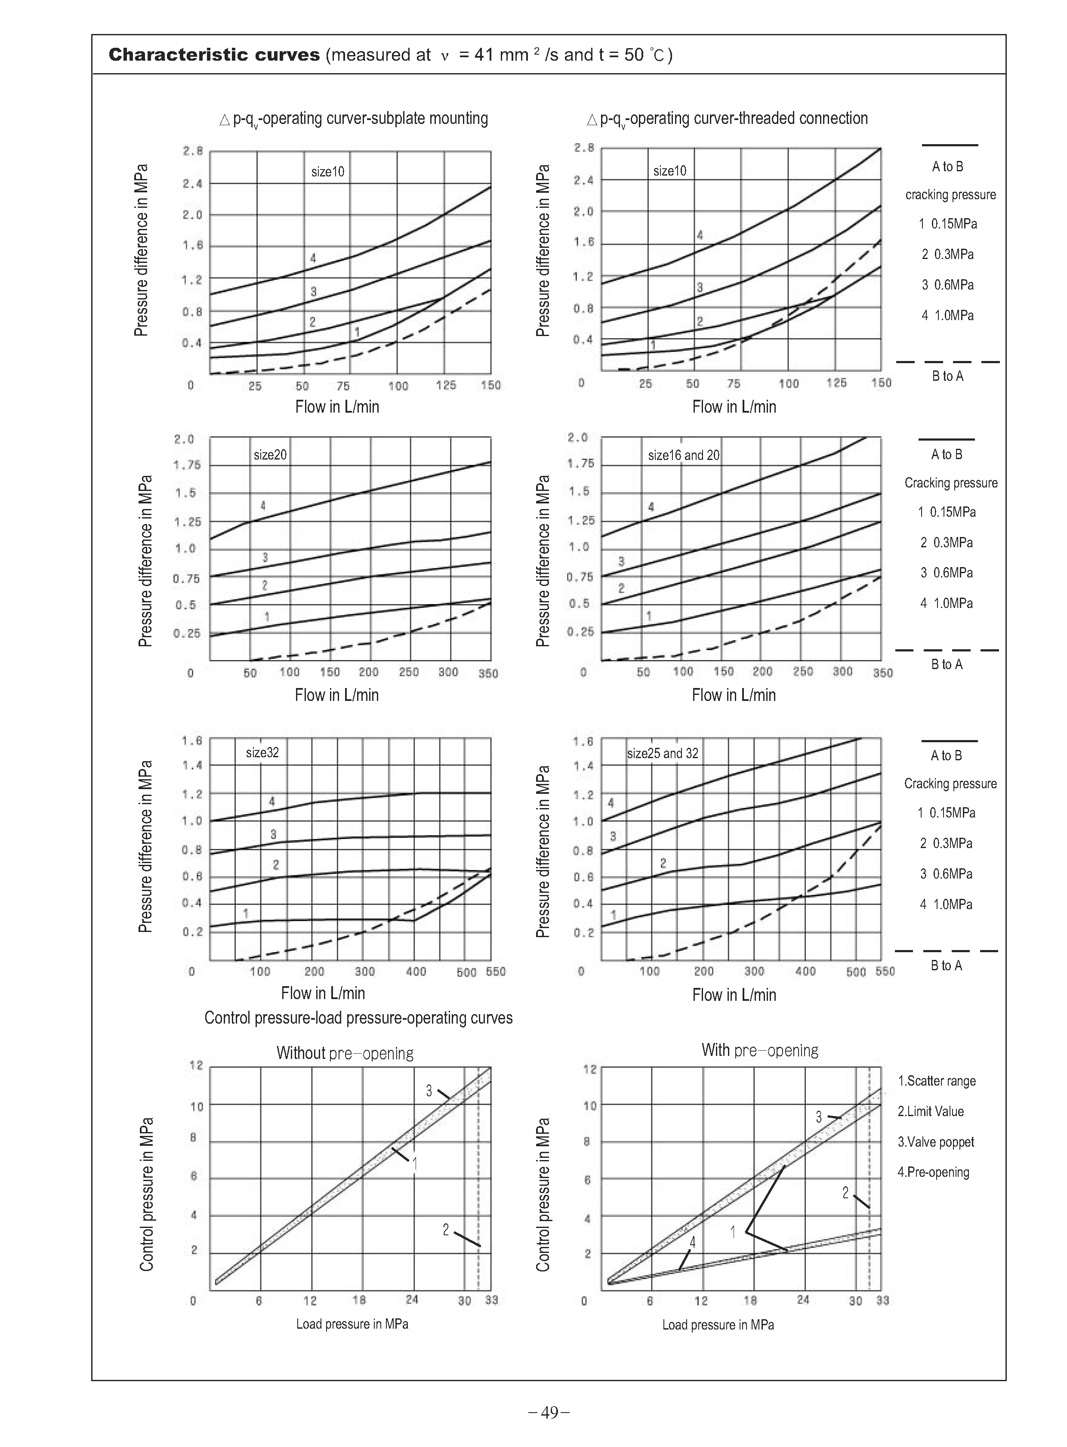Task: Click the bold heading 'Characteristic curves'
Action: [214, 55]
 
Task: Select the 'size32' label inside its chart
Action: [262, 753]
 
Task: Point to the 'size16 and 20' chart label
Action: [683, 455]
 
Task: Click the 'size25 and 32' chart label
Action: [662, 753]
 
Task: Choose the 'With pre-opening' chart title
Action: [759, 1050]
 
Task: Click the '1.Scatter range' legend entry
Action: [937, 1081]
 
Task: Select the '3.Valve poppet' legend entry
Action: [936, 1142]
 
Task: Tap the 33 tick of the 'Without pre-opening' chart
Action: [491, 1300]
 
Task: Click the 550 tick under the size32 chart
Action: [495, 972]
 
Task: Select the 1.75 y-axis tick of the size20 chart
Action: [187, 465]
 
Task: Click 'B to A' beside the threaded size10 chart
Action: [947, 376]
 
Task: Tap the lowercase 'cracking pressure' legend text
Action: [950, 194]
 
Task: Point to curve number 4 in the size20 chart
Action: [263, 505]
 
